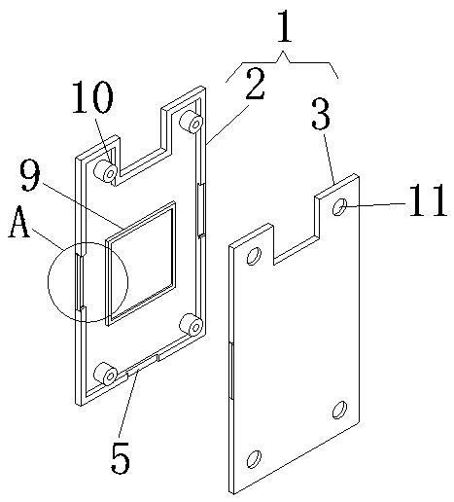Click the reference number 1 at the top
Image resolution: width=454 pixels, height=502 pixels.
pyautogui.click(x=285, y=26)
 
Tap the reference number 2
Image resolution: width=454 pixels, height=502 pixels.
pyautogui.click(x=256, y=84)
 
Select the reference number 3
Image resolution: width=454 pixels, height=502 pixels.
pyautogui.click(x=321, y=114)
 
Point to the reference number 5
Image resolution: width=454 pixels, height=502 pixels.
pyautogui.click(x=121, y=457)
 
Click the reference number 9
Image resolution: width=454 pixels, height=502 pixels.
pyautogui.click(x=30, y=175)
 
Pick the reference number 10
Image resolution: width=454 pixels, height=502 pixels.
pyautogui.click(x=92, y=97)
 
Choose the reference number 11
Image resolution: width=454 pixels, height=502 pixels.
pyautogui.click(x=428, y=199)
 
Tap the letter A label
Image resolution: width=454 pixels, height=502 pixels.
pyautogui.click(x=19, y=222)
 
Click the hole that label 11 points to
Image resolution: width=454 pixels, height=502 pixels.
pyautogui.click(x=340, y=207)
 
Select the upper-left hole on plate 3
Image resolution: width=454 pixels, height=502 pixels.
pyautogui.click(x=254, y=256)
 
